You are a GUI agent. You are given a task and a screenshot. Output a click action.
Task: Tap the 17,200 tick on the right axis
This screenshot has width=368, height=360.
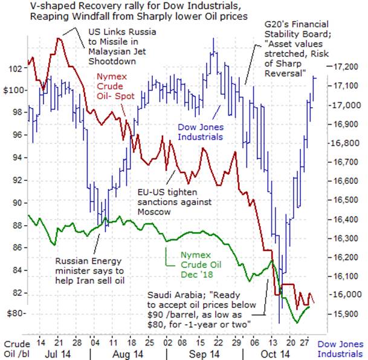[344, 67]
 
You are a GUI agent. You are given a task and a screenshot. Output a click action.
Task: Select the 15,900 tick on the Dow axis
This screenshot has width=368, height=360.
[344, 313]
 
